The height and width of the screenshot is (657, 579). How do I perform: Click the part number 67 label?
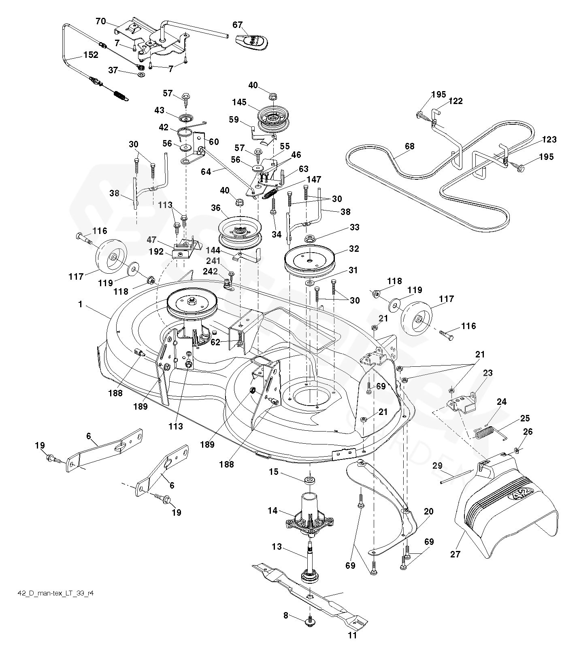pos(238,25)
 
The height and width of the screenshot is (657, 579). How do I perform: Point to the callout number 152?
pos(91,55)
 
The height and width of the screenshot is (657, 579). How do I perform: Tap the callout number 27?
pos(456,554)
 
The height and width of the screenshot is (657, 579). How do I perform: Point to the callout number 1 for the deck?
pos(80,304)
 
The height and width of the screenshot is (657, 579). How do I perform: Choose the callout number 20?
pos(428,511)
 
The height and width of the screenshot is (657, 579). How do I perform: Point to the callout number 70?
pos(101,21)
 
